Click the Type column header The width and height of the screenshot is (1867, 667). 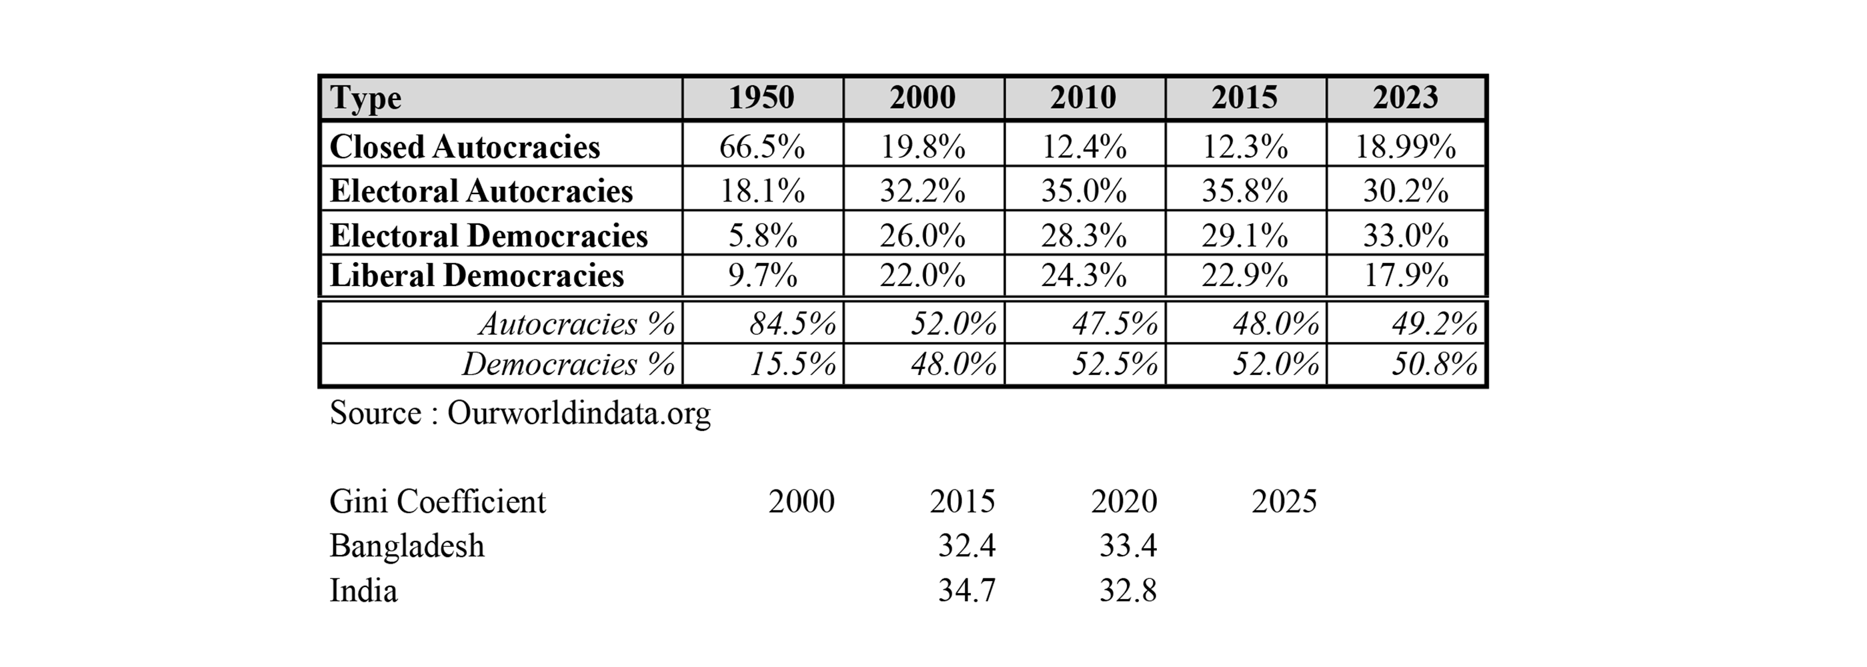tap(365, 99)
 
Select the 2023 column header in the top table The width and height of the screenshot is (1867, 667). tap(1406, 97)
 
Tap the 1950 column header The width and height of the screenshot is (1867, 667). tap(761, 97)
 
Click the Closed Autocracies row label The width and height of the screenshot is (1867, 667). tap(465, 147)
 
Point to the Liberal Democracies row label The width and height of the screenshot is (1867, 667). tap(476, 275)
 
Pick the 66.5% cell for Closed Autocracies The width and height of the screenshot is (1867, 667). tap(761, 147)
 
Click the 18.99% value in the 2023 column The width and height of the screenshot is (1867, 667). tap(1406, 147)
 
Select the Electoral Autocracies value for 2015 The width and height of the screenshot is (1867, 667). tap(1244, 191)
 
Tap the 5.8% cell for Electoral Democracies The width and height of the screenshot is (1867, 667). tap(761, 235)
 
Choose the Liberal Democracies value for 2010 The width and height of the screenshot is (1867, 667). tap(1084, 275)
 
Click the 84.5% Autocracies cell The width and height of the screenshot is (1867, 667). tap(792, 323)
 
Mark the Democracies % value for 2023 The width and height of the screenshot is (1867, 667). tap(1434, 364)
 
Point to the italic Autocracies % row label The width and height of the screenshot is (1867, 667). tap(577, 323)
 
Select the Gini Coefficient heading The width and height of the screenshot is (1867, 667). tap(437, 502)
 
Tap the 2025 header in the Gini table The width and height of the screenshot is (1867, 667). tap(1284, 502)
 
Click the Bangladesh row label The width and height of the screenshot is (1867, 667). tap(407, 546)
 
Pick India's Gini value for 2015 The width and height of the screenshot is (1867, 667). tap(967, 591)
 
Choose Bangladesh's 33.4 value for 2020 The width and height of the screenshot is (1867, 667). tap(1128, 546)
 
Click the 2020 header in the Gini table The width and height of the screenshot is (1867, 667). tap(1124, 502)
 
